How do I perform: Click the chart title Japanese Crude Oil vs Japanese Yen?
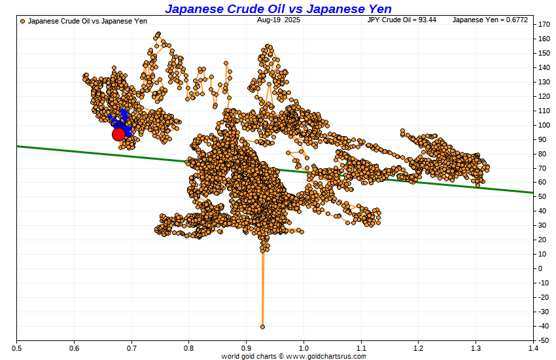[278, 9]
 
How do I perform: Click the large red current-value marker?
[118, 134]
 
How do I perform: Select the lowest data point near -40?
[262, 326]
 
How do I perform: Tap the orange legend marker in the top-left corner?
[23, 22]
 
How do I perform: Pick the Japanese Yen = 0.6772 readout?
[480, 21]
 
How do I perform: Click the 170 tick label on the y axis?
[544, 24]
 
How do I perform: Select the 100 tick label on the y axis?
[544, 124]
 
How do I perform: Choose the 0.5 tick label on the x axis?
[16, 348]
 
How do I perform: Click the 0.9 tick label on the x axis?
[246, 348]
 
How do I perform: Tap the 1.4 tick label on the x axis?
[533, 348]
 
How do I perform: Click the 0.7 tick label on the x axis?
[131, 348]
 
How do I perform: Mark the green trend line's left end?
[18, 146]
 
